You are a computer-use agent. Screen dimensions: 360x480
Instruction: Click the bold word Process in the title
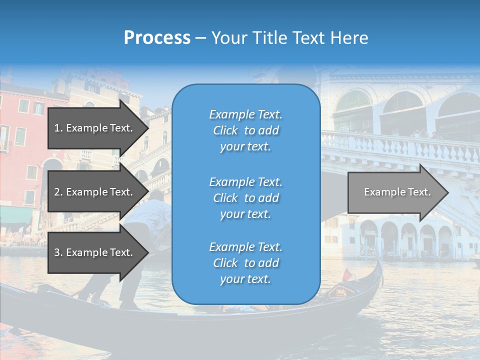coord(157,38)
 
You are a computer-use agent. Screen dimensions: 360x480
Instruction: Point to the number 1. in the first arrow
coord(58,128)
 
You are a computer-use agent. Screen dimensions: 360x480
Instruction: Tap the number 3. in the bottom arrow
coord(58,252)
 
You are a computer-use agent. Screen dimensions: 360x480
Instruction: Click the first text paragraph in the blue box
coord(245,130)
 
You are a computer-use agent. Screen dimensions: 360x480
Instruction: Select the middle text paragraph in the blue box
coord(245,198)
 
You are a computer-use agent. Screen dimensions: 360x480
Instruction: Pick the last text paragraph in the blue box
coord(245,263)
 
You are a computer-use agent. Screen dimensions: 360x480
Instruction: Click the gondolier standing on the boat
coord(150,225)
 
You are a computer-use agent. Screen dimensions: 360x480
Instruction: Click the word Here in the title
coord(350,38)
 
